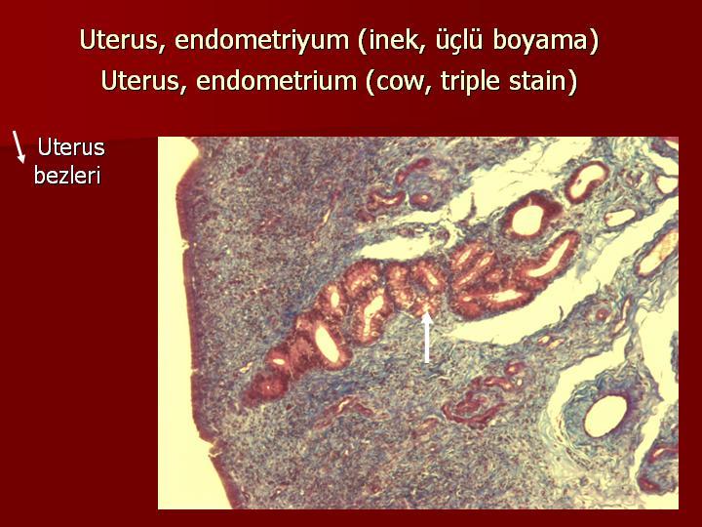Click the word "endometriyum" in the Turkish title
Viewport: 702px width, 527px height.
[x=262, y=40]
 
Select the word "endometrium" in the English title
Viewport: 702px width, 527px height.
[x=276, y=81]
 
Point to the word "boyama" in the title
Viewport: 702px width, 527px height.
[x=545, y=40]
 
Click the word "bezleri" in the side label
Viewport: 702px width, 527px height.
[x=67, y=176]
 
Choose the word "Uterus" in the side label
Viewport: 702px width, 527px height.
[x=71, y=147]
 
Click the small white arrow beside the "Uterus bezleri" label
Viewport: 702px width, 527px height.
[x=19, y=147]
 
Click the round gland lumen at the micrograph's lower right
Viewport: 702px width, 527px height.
[x=605, y=416]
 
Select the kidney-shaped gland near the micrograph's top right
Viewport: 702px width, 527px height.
[x=587, y=182]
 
